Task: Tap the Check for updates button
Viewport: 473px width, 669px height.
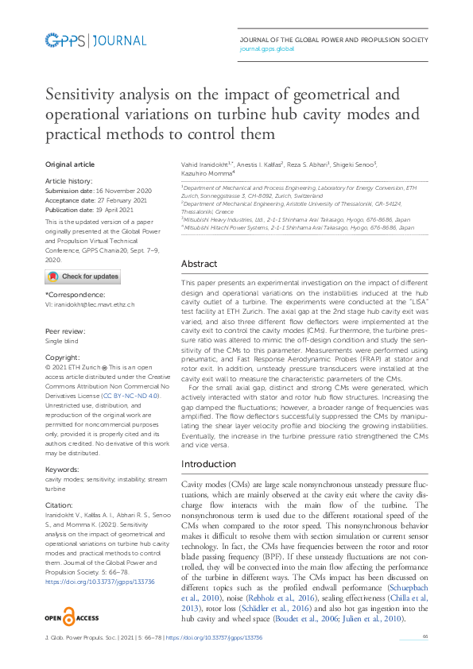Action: coord(83,276)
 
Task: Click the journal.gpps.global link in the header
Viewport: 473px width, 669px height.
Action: coord(266,48)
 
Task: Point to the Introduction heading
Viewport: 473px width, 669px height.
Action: coord(208,463)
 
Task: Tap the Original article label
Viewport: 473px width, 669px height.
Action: coord(69,164)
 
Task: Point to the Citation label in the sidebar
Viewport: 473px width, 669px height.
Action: coord(60,504)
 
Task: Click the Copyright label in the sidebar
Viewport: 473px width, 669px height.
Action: coord(62,359)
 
